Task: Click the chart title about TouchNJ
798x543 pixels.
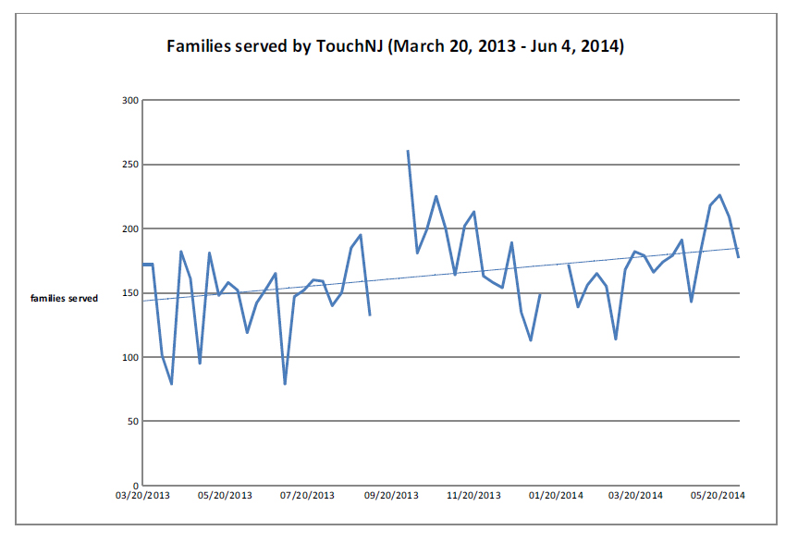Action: [395, 45]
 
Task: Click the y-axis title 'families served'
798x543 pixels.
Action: [64, 299]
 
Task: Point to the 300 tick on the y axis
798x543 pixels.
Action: [129, 100]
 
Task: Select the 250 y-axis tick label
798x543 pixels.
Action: [129, 165]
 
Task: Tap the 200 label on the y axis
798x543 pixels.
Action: [129, 228]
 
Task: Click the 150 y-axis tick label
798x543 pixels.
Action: [129, 293]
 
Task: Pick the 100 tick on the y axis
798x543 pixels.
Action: [129, 357]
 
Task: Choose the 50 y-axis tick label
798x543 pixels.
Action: [132, 421]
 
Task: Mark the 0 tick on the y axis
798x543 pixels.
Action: [135, 485]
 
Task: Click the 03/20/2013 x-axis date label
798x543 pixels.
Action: [142, 496]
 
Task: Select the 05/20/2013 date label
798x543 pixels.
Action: [226, 496]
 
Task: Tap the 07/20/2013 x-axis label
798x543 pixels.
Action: [308, 496]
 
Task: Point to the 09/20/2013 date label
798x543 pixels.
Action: [392, 496]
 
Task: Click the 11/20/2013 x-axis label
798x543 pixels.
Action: [474, 496]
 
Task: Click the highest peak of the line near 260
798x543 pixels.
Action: [408, 151]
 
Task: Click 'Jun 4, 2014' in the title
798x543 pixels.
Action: [574, 45]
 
